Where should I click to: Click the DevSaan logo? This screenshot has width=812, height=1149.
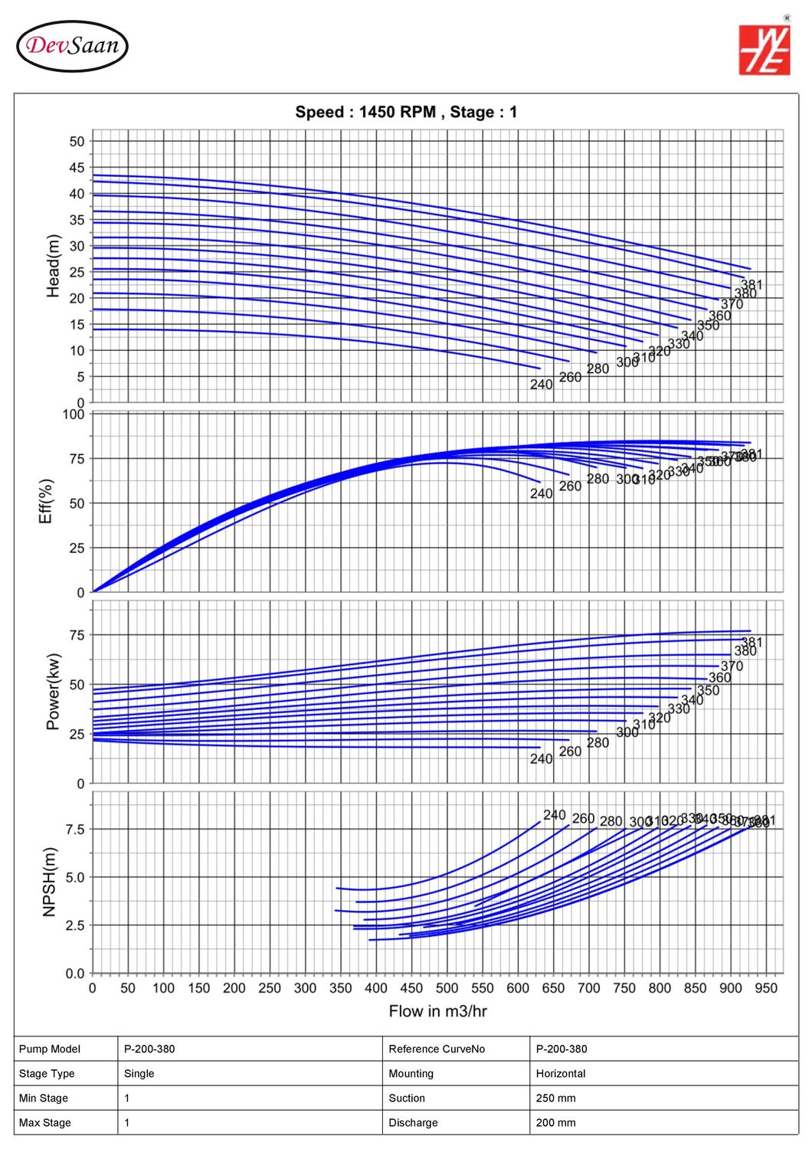tap(72, 46)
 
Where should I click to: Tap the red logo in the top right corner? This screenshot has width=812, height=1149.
tap(764, 50)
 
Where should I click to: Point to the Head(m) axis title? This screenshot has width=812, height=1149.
tap(53, 266)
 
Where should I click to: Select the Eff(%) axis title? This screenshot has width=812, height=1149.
tap(46, 502)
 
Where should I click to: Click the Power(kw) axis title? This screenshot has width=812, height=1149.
tap(53, 692)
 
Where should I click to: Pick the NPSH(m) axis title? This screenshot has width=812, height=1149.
tap(50, 882)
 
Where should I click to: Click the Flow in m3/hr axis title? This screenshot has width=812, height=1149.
tap(437, 1011)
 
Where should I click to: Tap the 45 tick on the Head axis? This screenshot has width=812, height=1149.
tap(77, 168)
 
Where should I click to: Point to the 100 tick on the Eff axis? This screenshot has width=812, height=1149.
tap(74, 414)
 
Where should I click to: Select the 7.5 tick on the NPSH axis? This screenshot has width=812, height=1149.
tap(75, 830)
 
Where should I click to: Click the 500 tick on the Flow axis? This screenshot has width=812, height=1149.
tap(447, 988)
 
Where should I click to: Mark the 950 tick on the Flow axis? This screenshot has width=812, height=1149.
tap(766, 988)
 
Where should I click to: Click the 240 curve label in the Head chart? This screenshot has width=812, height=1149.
tap(541, 385)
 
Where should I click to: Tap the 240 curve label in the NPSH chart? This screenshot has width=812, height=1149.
tap(555, 815)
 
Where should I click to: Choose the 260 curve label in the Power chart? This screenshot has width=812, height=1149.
tap(570, 751)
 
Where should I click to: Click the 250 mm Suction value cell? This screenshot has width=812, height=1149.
tap(555, 1098)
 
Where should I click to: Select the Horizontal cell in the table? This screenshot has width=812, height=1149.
tap(560, 1073)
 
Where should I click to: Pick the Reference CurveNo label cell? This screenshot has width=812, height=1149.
tap(437, 1049)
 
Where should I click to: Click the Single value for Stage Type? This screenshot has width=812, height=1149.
tap(139, 1073)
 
